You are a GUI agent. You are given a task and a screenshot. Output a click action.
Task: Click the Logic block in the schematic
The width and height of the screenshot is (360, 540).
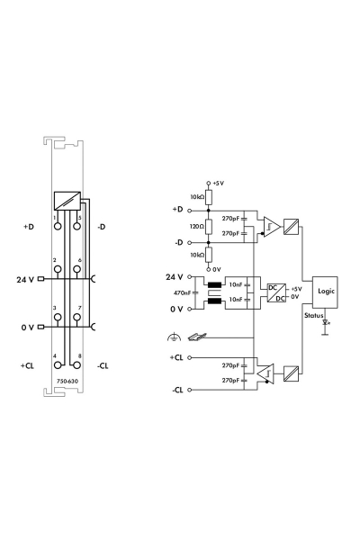324,292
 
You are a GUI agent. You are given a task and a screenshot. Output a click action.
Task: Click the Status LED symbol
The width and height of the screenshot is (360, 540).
325,321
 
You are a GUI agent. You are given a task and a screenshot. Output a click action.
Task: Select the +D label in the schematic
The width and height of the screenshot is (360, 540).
176,209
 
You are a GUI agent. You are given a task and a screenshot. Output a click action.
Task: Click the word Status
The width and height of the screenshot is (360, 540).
313,316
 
